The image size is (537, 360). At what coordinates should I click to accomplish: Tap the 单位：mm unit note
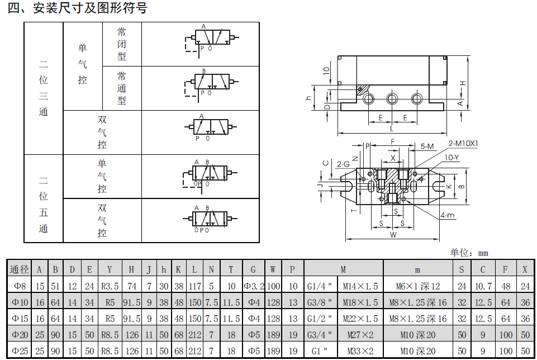pyautogui.click(x=469, y=253)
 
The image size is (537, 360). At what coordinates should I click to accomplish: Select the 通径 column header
pyautogui.click(x=19, y=269)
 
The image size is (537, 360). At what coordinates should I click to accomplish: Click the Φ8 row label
pyautogui.click(x=19, y=286)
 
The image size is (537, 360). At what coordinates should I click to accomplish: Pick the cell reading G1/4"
pyautogui.click(x=320, y=286)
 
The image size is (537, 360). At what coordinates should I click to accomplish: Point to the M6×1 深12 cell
pyautogui.click(x=418, y=286)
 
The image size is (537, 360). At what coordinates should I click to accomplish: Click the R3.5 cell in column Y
pyautogui.click(x=110, y=286)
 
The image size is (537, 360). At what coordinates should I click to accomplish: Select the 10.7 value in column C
pyautogui.click(x=483, y=286)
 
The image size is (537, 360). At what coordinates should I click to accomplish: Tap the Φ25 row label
pyautogui.click(x=19, y=352)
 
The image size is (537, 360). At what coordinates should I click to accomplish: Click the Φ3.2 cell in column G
pyautogui.click(x=253, y=286)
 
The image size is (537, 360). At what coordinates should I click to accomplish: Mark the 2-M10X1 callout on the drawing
pyautogui.click(x=463, y=144)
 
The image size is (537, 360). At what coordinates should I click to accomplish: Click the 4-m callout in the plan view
pyautogui.click(x=446, y=215)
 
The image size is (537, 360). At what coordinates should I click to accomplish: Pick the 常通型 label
pyautogui.click(x=122, y=88)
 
